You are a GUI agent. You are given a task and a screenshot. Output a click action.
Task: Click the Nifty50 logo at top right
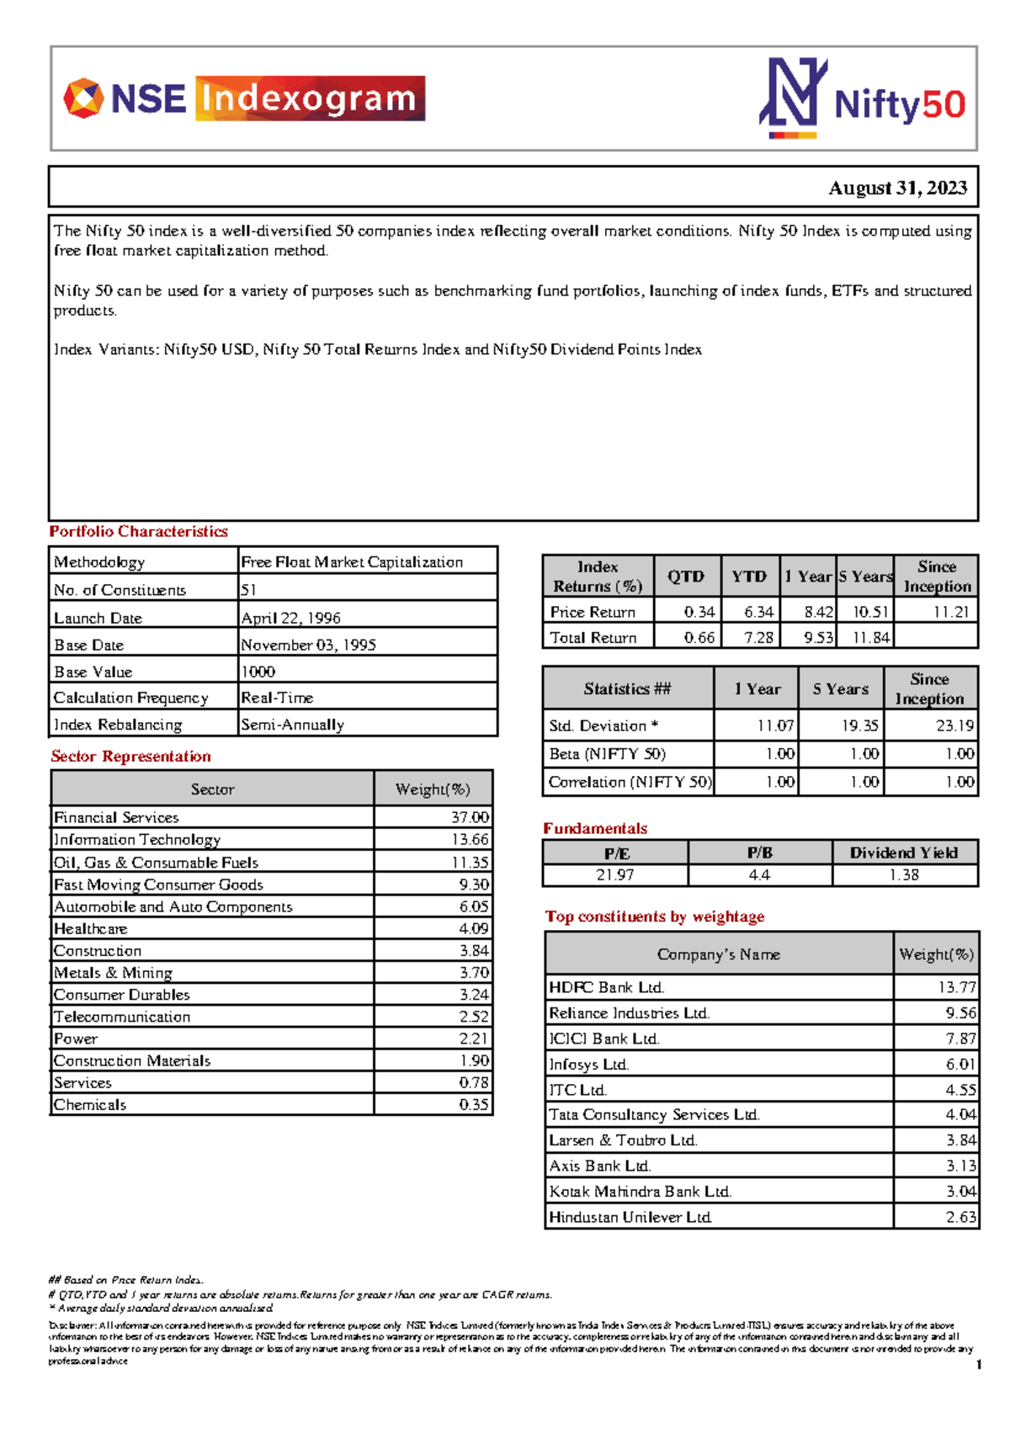863,98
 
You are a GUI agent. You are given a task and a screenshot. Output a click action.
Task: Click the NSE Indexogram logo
244,98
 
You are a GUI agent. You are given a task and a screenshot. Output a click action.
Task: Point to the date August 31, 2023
897,188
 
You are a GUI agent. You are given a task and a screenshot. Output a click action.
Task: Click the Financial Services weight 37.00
469,817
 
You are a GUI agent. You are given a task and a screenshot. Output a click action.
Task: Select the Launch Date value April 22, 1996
290,618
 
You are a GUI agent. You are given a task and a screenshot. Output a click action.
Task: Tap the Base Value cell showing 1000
258,672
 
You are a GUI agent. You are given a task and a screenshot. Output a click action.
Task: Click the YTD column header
748,576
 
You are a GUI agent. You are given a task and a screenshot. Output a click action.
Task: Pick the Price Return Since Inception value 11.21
951,612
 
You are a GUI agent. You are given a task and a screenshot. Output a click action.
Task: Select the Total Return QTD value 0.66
699,637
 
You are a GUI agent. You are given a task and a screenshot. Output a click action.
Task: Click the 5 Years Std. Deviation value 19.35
859,725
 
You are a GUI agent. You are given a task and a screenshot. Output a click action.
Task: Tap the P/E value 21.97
614,875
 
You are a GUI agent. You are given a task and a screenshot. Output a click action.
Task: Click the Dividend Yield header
903,853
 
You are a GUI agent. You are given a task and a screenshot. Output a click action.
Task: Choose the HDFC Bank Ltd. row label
606,987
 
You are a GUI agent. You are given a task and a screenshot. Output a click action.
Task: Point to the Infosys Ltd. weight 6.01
959,1065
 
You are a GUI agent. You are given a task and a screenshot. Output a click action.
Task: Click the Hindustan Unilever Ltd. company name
630,1217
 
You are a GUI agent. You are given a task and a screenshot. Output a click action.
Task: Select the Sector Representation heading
130,756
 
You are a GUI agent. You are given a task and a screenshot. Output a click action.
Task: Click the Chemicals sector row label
90,1105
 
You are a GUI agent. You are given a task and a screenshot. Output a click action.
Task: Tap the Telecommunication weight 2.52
473,1017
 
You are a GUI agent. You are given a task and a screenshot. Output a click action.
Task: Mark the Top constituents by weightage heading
654,916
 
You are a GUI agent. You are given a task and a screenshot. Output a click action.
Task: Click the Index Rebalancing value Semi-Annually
292,725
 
